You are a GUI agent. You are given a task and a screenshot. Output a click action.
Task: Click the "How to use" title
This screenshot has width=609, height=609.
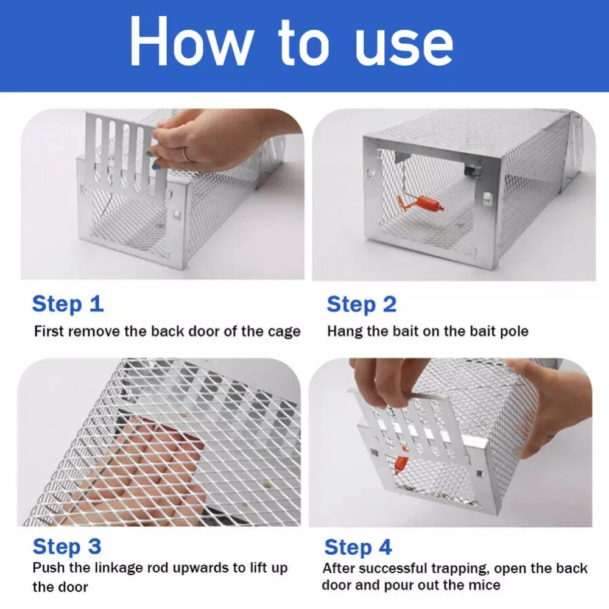coord(291,42)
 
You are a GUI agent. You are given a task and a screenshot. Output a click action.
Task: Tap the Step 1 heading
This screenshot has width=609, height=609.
coord(68,304)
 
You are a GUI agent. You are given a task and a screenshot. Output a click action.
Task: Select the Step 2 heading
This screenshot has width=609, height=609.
coord(362,304)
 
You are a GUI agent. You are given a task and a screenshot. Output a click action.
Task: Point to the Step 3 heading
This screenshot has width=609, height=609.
coord(67,546)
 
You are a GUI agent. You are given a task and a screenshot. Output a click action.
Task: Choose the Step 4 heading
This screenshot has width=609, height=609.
coord(358,547)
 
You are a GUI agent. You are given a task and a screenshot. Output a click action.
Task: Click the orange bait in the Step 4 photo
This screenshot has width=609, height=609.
coord(401,463)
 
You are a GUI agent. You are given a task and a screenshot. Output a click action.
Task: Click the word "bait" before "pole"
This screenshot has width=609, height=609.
coord(483,331)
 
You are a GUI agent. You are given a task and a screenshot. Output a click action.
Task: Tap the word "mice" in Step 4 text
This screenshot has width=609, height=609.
coord(485,585)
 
